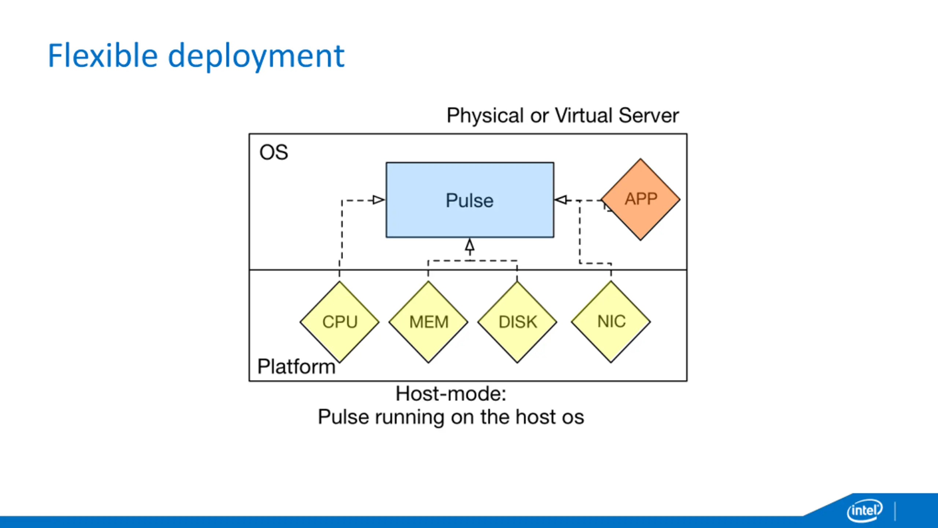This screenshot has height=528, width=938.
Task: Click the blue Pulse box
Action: tap(470, 200)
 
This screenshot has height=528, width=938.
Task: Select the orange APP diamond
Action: tap(640, 199)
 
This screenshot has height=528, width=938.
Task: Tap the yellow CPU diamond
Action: tap(339, 322)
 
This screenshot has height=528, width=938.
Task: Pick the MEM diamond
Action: tap(428, 322)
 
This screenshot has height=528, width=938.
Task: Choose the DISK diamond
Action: tap(517, 322)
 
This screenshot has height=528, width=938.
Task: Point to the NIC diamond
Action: tap(611, 322)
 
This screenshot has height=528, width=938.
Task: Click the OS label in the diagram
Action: tap(274, 152)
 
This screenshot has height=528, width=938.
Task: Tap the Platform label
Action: tap(296, 366)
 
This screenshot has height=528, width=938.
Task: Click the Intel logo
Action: tap(865, 510)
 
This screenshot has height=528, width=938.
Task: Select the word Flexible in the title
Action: tap(103, 56)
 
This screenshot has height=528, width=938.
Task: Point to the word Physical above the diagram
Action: tap(485, 116)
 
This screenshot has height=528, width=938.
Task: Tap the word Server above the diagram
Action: tap(649, 115)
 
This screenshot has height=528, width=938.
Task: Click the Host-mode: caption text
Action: tap(451, 394)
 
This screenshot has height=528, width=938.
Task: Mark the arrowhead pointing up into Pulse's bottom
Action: tap(470, 245)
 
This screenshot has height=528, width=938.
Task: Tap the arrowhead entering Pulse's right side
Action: tap(561, 200)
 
